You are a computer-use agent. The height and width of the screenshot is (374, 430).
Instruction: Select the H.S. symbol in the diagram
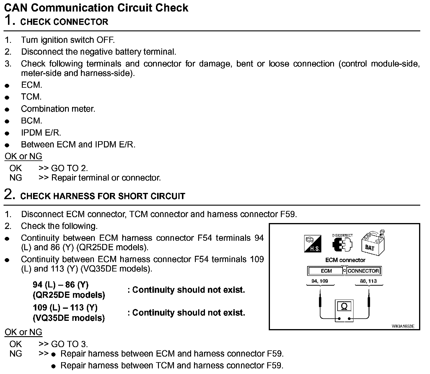(312, 244)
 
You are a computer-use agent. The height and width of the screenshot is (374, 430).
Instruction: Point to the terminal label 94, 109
(320, 281)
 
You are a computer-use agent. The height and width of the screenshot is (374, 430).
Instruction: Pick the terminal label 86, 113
(369, 281)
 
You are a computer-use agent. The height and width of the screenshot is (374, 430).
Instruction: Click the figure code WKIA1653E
(403, 326)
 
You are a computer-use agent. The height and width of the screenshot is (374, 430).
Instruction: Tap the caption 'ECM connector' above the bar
(345, 260)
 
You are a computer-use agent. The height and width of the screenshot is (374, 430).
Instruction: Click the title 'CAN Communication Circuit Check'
(96, 7)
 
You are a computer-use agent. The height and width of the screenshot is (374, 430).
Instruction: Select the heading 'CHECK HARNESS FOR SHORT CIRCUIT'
(102, 196)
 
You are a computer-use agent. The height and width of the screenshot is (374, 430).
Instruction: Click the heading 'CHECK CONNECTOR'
(64, 22)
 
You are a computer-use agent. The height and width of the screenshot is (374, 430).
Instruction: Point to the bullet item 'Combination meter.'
(58, 109)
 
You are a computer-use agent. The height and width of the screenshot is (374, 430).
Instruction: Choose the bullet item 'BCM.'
(31, 121)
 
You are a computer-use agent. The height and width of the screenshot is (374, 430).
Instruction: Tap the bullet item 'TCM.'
(31, 97)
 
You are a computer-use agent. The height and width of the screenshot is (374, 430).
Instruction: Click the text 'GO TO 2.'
(69, 168)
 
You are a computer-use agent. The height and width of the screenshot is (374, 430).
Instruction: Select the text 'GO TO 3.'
(69, 344)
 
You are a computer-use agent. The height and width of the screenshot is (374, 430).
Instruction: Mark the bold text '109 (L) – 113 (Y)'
(65, 308)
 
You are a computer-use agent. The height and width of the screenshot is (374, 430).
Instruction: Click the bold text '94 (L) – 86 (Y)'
(61, 285)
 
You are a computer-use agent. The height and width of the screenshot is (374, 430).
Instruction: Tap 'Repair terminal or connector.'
(106, 178)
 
